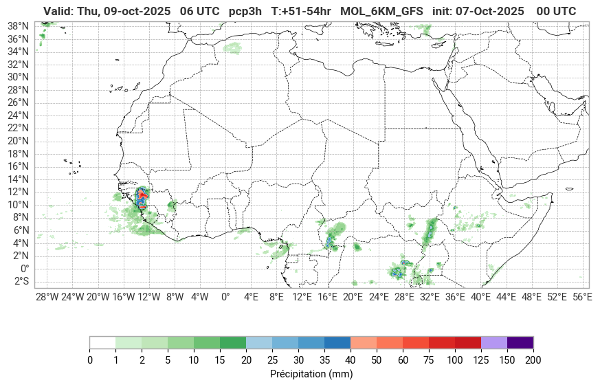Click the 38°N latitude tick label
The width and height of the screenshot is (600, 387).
pos(18,25)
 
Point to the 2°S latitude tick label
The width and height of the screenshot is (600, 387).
pos(19,281)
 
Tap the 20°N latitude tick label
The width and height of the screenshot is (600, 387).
pos(18,140)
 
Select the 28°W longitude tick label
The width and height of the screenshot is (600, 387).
pos(47,297)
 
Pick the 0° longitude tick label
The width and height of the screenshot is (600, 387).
pos(225,297)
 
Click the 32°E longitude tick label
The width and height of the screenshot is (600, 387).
pos(430,297)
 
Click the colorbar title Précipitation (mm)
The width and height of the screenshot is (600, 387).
pos(311,375)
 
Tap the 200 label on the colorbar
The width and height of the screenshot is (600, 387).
pos(533,360)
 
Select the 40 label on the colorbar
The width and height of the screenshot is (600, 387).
pos(351,360)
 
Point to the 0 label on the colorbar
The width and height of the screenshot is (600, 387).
pos(90,360)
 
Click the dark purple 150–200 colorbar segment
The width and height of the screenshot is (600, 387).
pos(520,342)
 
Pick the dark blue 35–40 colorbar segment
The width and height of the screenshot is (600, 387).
pos(337,342)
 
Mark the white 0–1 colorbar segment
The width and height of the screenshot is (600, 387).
pos(103,342)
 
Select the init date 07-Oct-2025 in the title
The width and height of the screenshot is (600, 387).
pos(492,11)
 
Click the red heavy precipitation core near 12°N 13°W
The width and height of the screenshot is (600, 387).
pos(142,196)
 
